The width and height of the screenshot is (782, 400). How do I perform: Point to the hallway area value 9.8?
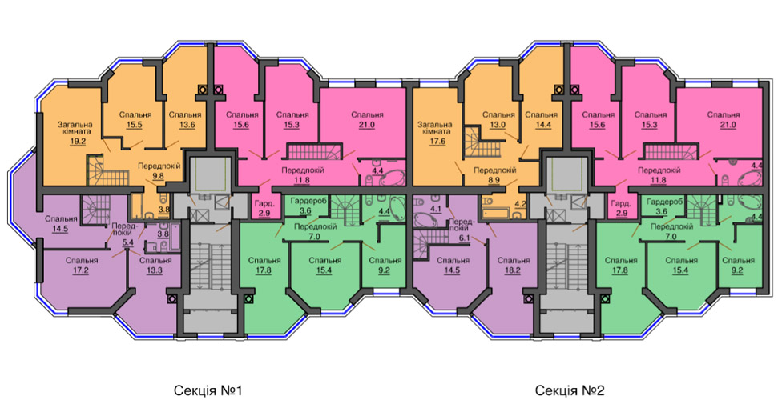159,176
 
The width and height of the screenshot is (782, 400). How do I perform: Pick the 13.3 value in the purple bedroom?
155,270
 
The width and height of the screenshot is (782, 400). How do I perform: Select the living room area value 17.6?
435,141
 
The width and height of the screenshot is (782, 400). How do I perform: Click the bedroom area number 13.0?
498,125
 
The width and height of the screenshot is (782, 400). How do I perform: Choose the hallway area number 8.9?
494,180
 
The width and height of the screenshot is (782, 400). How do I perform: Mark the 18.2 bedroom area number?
512,270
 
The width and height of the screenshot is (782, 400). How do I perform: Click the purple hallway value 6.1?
466,238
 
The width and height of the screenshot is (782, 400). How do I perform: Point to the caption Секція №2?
570,390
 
